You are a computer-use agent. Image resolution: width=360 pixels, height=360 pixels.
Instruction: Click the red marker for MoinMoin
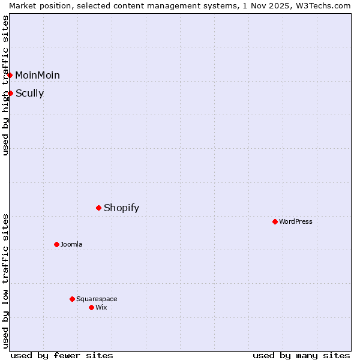click(x=10, y=75)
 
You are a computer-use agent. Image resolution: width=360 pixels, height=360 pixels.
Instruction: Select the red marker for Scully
click(x=10, y=93)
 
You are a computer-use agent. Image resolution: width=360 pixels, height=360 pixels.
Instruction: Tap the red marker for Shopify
click(x=98, y=208)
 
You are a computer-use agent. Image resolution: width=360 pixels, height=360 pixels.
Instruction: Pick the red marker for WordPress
click(x=275, y=221)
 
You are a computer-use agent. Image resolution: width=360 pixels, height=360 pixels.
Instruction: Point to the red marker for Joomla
click(x=56, y=244)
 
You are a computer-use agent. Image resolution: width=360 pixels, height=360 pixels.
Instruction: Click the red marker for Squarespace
click(x=72, y=299)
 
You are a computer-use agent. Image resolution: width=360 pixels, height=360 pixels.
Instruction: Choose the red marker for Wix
click(x=91, y=307)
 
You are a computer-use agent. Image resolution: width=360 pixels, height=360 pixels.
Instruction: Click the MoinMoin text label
click(x=37, y=75)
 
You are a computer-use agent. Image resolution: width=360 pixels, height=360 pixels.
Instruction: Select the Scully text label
click(x=29, y=93)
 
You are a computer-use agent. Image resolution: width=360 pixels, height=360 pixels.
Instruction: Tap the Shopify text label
click(x=121, y=208)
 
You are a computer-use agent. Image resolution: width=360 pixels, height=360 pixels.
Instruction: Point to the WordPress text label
click(x=295, y=221)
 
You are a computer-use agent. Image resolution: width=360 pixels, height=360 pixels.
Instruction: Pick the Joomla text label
click(x=71, y=244)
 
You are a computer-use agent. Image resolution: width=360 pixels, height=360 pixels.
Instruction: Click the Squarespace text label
click(x=97, y=299)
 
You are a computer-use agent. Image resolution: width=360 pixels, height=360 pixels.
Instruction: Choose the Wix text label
click(x=101, y=307)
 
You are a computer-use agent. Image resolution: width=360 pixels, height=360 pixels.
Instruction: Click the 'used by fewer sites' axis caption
click(x=62, y=355)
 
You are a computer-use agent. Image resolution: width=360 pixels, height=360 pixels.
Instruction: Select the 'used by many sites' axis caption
click(x=301, y=355)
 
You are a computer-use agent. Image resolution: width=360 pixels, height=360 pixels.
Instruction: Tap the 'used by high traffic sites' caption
click(x=5, y=85)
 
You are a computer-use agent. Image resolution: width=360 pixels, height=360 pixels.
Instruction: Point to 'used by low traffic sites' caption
click(x=5, y=281)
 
